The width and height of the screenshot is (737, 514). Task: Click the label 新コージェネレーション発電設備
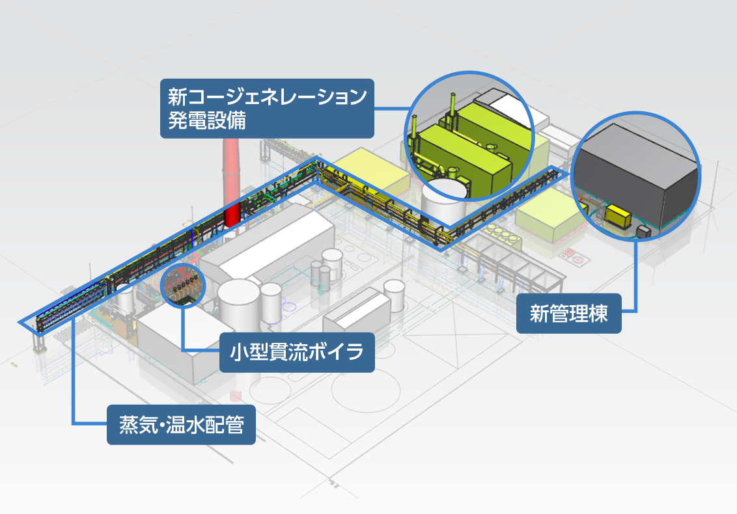(267, 108)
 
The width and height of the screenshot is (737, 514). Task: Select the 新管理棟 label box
(568, 314)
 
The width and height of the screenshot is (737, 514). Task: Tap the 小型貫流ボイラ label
(297, 353)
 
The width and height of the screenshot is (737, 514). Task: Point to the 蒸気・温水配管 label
(181, 425)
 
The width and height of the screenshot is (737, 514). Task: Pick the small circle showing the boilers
(182, 284)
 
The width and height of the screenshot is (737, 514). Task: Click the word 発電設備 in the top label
(206, 121)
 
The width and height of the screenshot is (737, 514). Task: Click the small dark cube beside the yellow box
(643, 232)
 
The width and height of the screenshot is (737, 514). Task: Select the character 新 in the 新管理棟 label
(540, 314)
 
